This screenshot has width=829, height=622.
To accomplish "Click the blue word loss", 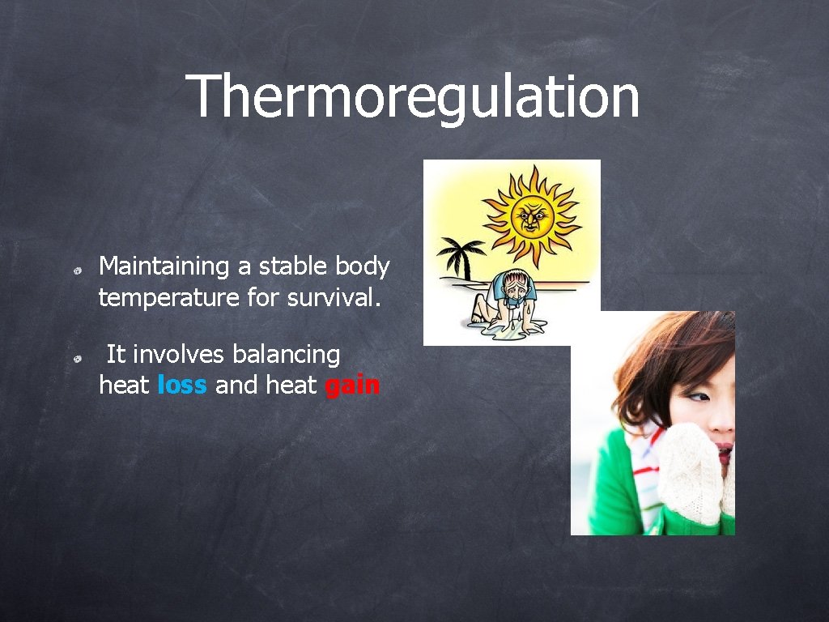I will [182, 386].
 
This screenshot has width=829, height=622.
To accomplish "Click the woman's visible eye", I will [700, 398].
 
